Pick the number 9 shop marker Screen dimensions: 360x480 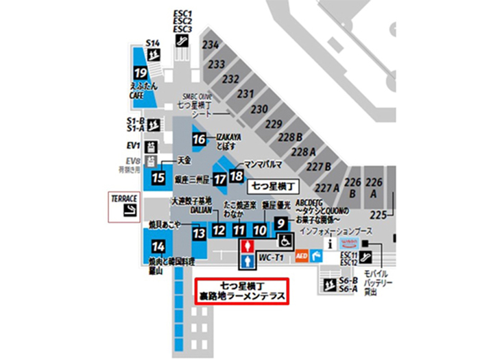pos(281,223)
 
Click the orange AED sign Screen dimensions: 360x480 pos(301,256)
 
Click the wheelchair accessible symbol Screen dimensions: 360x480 pos(285,240)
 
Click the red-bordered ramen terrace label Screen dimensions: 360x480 pos(241,291)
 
